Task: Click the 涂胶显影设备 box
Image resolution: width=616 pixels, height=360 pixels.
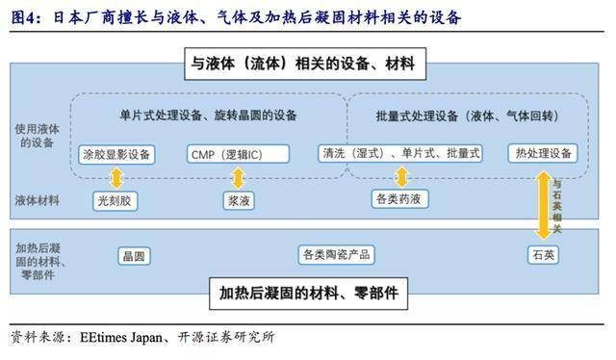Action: (116, 154)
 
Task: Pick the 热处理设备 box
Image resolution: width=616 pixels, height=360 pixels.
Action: (542, 154)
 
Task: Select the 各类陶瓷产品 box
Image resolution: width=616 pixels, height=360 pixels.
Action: (336, 255)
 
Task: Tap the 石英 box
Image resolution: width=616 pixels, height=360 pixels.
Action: (543, 255)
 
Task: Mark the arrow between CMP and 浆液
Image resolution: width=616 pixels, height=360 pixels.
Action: (238, 177)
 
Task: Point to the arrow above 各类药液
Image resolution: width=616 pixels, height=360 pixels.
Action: (401, 176)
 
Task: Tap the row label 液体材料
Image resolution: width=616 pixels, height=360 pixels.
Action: (38, 201)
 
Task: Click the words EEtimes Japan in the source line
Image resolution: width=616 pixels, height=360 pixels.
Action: (115, 337)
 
